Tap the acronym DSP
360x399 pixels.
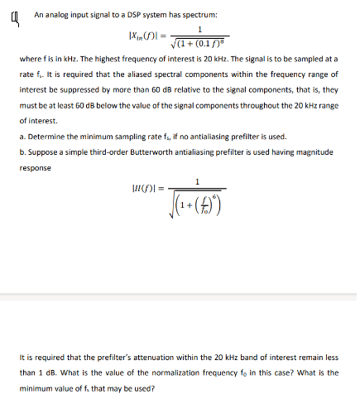133,15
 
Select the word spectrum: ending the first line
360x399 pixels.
198,15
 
